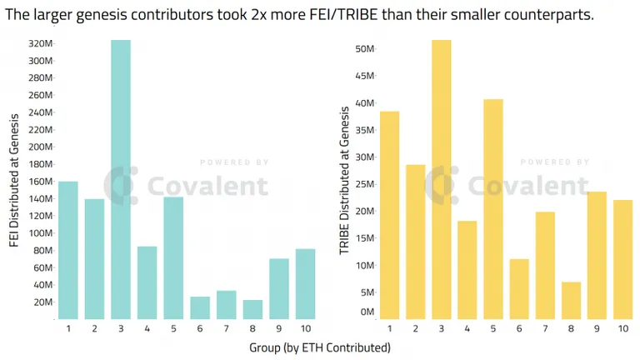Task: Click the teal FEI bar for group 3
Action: [121, 180]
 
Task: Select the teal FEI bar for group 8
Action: [252, 309]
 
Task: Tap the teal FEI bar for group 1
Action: [68, 250]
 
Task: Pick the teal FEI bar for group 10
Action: [305, 284]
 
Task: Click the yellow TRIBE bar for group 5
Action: [493, 209]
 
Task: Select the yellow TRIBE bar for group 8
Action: [571, 300]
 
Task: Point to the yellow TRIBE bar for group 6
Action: [519, 289]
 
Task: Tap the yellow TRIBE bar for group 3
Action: [441, 180]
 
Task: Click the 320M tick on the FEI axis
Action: [40, 43]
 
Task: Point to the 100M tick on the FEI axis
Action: [40, 233]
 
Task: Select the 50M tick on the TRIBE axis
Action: [364, 49]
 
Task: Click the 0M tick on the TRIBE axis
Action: [367, 312]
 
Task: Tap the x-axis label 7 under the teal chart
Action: [226, 328]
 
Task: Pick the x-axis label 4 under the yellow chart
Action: [467, 328]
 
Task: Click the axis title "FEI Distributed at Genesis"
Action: [14, 180]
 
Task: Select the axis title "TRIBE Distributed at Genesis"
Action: [344, 180]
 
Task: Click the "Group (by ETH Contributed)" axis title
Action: [320, 347]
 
